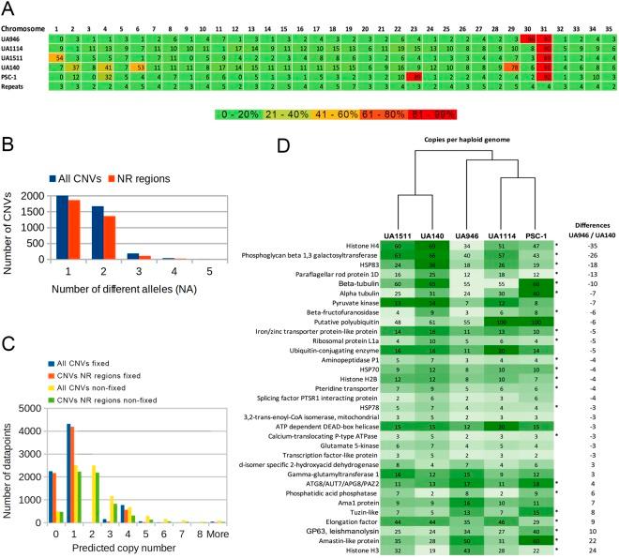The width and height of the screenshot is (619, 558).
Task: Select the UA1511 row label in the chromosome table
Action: click(18, 58)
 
